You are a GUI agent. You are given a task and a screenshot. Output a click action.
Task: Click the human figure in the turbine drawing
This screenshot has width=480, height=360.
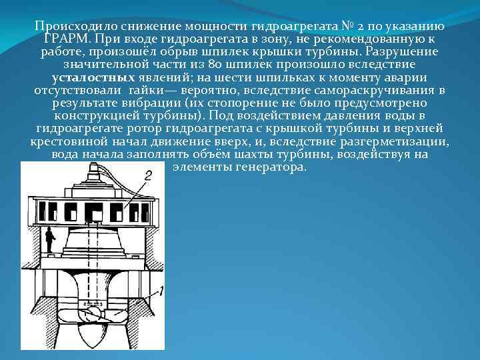(49, 241)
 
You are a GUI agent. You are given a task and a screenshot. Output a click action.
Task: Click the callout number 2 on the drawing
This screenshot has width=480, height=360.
(147, 175)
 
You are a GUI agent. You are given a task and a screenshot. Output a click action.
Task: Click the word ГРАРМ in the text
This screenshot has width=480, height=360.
(65, 39)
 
